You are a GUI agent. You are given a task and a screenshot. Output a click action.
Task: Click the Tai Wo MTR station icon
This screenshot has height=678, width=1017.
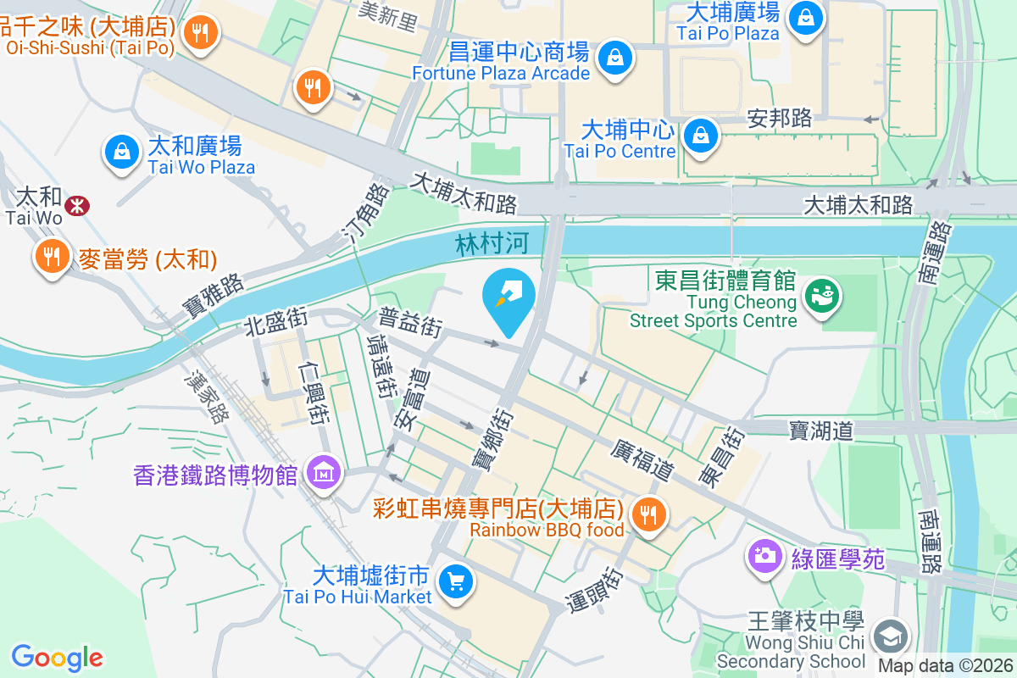[x=77, y=205]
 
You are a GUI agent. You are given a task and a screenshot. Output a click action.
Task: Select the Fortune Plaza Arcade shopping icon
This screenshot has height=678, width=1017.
[x=613, y=58]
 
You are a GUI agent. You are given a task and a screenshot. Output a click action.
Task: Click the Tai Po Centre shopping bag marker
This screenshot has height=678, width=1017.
[x=701, y=134]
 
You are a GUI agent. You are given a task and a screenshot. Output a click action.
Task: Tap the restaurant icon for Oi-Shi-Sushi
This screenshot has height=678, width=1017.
[x=201, y=33]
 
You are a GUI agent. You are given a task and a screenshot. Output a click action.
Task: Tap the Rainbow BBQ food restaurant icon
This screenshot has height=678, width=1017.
[x=649, y=514]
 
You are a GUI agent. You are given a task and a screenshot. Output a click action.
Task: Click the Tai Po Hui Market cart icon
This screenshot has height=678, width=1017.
[x=456, y=582]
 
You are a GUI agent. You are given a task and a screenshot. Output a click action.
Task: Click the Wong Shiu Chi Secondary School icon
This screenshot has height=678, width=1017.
[x=892, y=636]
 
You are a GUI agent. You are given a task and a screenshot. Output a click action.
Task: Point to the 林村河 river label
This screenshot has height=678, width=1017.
[x=492, y=244]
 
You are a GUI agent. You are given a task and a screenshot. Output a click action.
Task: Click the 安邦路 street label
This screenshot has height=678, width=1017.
[x=780, y=118]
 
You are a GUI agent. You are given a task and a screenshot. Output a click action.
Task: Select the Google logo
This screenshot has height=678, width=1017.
[x=58, y=658]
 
